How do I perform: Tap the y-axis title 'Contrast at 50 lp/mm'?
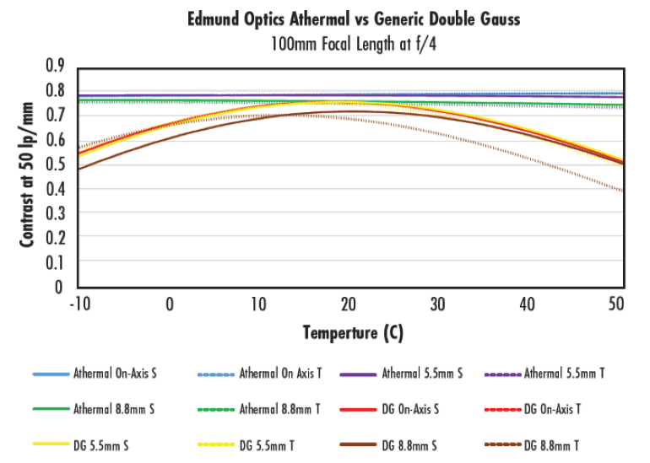(x=27, y=175)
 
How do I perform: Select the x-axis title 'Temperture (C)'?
(x=353, y=332)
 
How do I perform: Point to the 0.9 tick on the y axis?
(x=54, y=66)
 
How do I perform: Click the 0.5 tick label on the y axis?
(x=54, y=164)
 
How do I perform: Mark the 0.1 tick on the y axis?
(x=54, y=263)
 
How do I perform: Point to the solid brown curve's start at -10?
(x=79, y=169)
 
